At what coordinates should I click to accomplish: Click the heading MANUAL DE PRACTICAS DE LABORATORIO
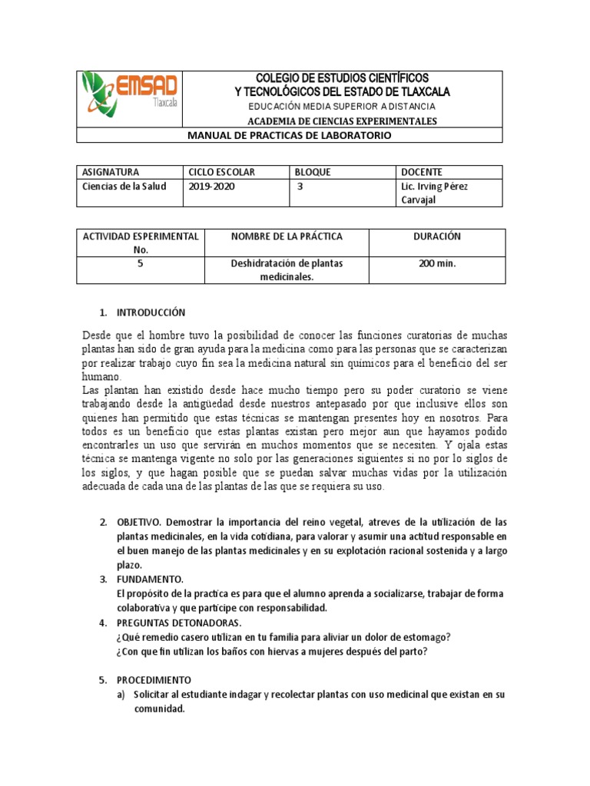(x=290, y=135)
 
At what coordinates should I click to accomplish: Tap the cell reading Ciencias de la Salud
(x=124, y=187)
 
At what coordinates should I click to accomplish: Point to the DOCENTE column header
(x=422, y=172)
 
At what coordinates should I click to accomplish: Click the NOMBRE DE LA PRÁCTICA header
(x=287, y=236)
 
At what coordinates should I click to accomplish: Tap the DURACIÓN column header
(x=436, y=236)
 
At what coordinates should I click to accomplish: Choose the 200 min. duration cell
(x=436, y=263)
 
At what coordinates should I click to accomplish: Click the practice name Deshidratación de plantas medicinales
(x=287, y=269)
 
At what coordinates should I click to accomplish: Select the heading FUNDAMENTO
(x=149, y=579)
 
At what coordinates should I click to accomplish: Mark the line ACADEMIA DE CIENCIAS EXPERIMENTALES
(x=342, y=121)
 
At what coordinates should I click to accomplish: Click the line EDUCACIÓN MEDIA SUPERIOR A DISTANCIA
(x=342, y=106)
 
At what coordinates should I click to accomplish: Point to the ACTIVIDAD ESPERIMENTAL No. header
(x=141, y=242)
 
